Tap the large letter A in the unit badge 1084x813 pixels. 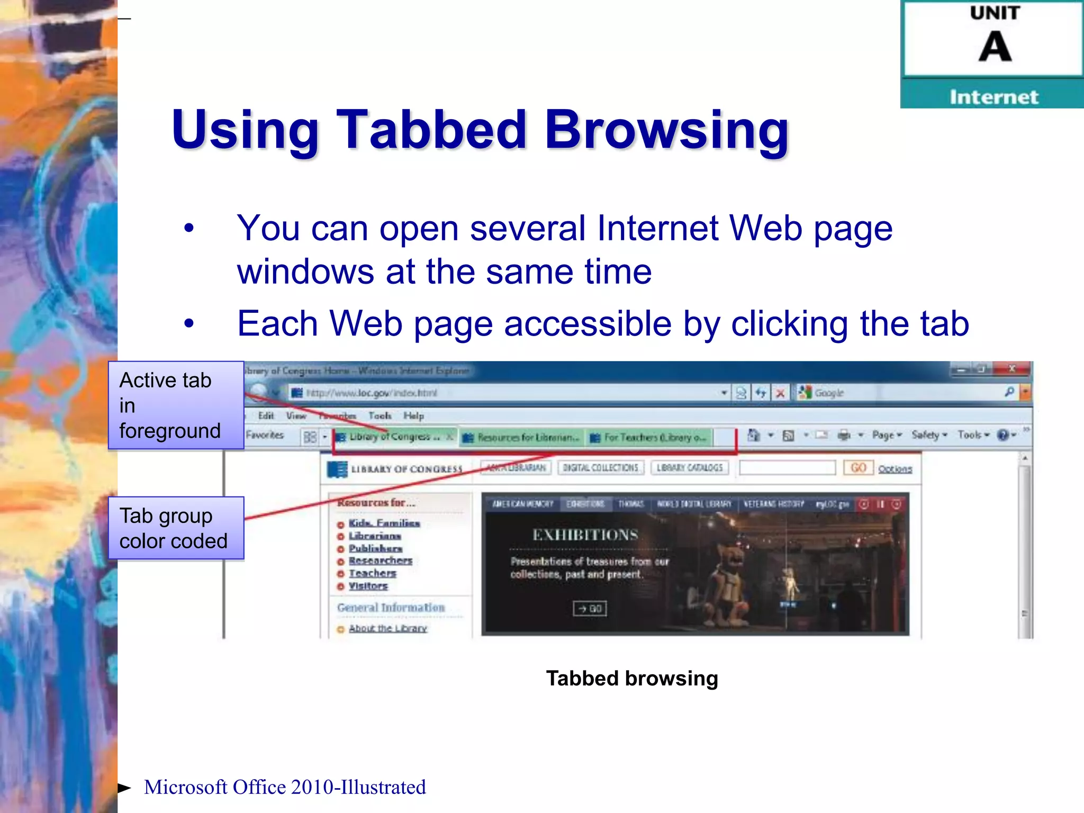coord(995,47)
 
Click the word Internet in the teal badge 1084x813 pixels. coord(993,97)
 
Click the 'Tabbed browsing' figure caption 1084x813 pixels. coord(632,678)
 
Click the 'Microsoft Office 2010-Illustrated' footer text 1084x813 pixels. coord(285,787)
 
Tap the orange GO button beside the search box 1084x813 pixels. coord(858,468)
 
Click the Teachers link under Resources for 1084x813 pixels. coord(372,573)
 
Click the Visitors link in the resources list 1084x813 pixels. coord(368,586)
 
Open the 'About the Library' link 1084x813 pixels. coord(387,628)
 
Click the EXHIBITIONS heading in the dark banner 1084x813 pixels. coord(585,535)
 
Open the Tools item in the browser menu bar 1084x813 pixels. coord(380,415)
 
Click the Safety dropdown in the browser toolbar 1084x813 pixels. coord(929,435)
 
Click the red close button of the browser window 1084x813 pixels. coord(1011,369)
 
